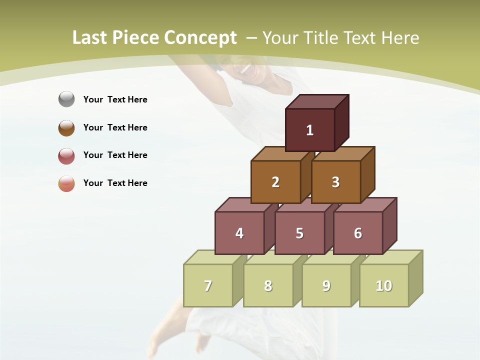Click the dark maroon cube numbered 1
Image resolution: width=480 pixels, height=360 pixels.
310,130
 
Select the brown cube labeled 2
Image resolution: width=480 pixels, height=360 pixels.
275,182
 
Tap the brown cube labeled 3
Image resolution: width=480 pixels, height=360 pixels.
335,182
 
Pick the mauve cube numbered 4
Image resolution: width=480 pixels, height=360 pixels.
239,233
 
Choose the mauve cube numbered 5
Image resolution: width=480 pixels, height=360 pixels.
299,233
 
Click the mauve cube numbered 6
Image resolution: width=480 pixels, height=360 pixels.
358,233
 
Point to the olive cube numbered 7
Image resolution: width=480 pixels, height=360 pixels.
208,285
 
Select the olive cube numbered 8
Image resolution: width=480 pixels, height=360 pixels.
268,285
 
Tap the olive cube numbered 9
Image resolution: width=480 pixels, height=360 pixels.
326,285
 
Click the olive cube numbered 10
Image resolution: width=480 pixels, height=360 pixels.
384,285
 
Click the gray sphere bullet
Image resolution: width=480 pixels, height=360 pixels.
66,99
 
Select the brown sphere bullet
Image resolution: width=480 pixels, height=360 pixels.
66,127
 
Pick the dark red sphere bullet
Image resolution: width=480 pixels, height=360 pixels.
66,155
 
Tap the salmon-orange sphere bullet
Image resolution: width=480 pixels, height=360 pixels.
66,183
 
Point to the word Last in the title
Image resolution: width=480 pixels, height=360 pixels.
91,38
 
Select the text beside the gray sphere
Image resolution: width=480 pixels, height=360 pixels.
115,99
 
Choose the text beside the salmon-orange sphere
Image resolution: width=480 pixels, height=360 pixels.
115,183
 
